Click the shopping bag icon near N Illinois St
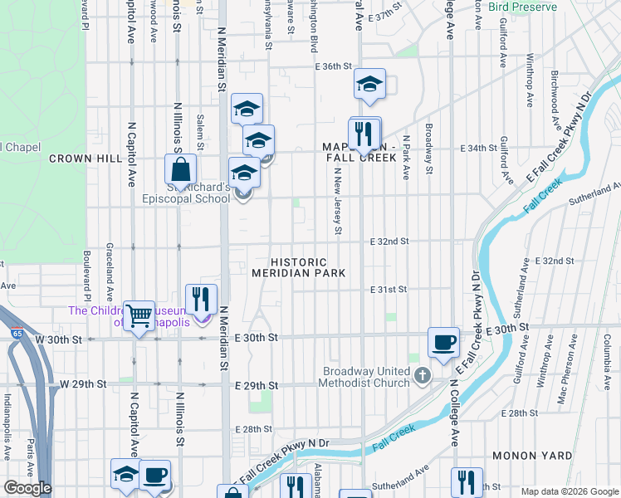tap(180, 170)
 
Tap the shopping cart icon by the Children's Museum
tap(139, 315)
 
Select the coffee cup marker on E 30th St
tap(443, 342)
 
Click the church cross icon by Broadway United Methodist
tap(423, 376)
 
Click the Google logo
tap(27, 488)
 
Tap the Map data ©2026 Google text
tap(569, 491)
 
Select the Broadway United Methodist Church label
tap(365, 377)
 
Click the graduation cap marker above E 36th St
tap(369, 84)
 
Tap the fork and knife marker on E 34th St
tap(364, 133)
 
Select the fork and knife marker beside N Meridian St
tap(201, 299)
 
